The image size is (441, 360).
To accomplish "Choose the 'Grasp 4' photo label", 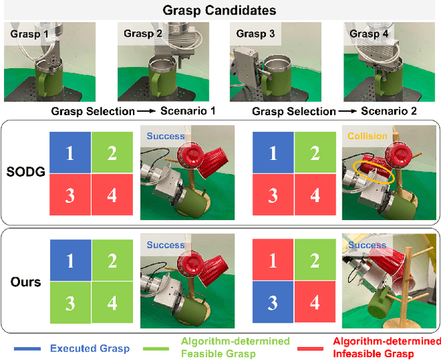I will coord(364,32).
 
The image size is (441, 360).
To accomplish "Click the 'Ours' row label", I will coord(26,281).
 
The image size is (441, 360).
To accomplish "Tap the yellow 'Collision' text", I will coord(367,136).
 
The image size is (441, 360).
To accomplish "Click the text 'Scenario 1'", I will coord(188,112).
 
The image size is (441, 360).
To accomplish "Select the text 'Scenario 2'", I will coord(389,112).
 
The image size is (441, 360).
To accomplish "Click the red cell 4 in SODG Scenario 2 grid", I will coord(315,194).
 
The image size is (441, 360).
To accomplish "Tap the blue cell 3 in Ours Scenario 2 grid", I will coord(274,303).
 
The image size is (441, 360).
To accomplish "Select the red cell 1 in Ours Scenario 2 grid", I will coord(274,261).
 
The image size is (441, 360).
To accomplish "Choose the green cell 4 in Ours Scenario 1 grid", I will coord(112,303).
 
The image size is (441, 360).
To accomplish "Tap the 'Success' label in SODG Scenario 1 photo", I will coord(165,137).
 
